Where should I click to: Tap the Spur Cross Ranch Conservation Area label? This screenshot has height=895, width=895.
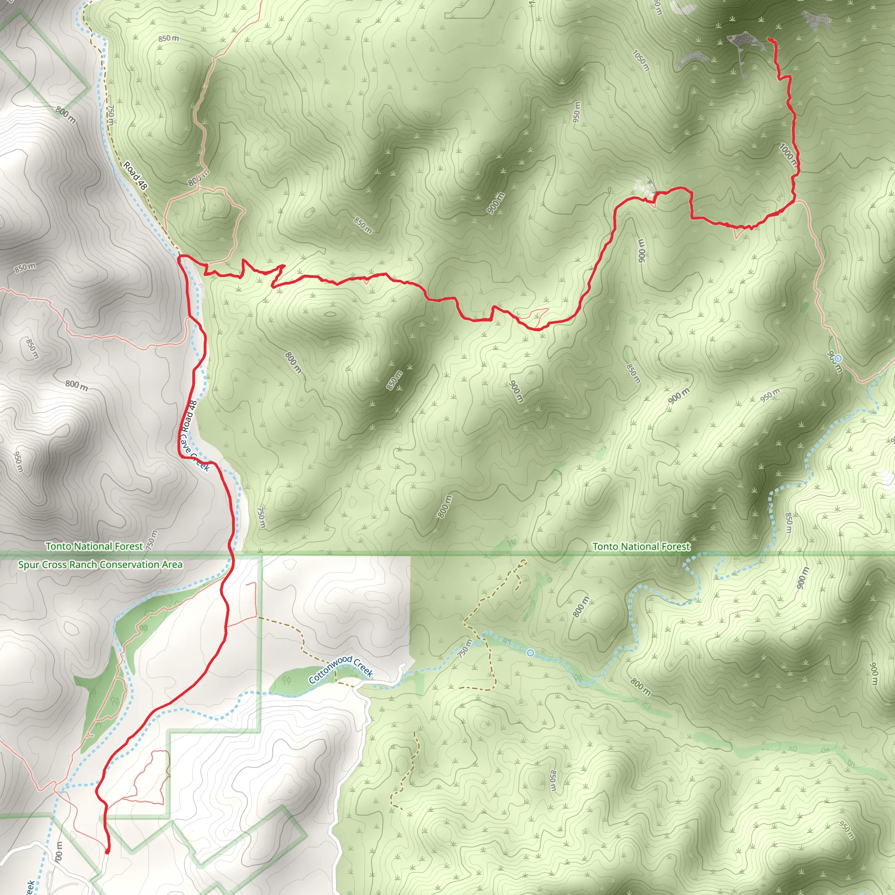(100, 565)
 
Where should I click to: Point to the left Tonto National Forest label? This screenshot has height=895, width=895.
(94, 547)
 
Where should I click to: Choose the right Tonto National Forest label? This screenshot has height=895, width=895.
(641, 547)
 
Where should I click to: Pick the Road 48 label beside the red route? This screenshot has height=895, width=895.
(189, 416)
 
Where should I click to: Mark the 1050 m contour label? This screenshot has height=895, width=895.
(641, 60)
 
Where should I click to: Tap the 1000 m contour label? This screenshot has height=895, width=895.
(788, 155)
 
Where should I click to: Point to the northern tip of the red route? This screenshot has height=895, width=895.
(770, 40)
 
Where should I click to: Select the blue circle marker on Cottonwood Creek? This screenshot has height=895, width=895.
(531, 653)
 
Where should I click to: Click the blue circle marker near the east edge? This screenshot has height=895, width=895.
(839, 358)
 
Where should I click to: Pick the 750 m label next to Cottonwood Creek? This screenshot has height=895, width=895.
(465, 649)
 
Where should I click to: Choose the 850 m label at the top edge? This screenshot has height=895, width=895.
(168, 38)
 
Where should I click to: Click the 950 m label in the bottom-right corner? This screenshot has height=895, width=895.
(847, 830)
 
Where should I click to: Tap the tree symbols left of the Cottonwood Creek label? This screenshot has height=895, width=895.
(287, 680)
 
